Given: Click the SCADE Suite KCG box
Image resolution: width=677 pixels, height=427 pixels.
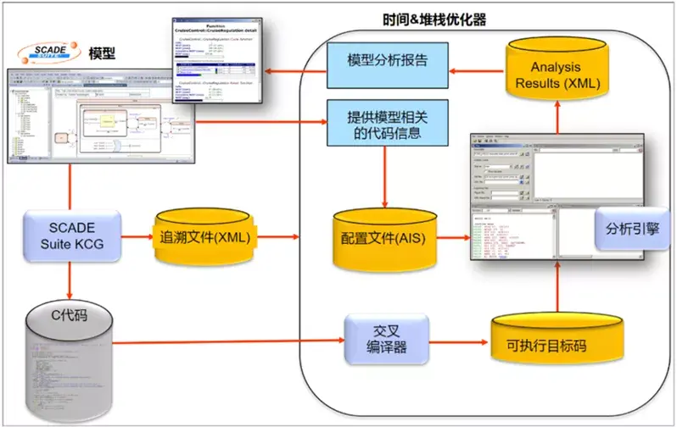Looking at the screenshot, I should coord(72,234).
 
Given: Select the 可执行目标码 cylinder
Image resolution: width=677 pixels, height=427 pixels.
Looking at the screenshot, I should coord(551,345).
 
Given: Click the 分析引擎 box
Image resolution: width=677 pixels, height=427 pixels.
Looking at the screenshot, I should coord(624,228).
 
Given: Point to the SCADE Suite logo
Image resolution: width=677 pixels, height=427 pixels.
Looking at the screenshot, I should coord(52,50).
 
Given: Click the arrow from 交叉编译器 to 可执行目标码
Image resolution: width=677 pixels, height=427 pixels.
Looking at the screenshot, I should coord(459,342).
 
